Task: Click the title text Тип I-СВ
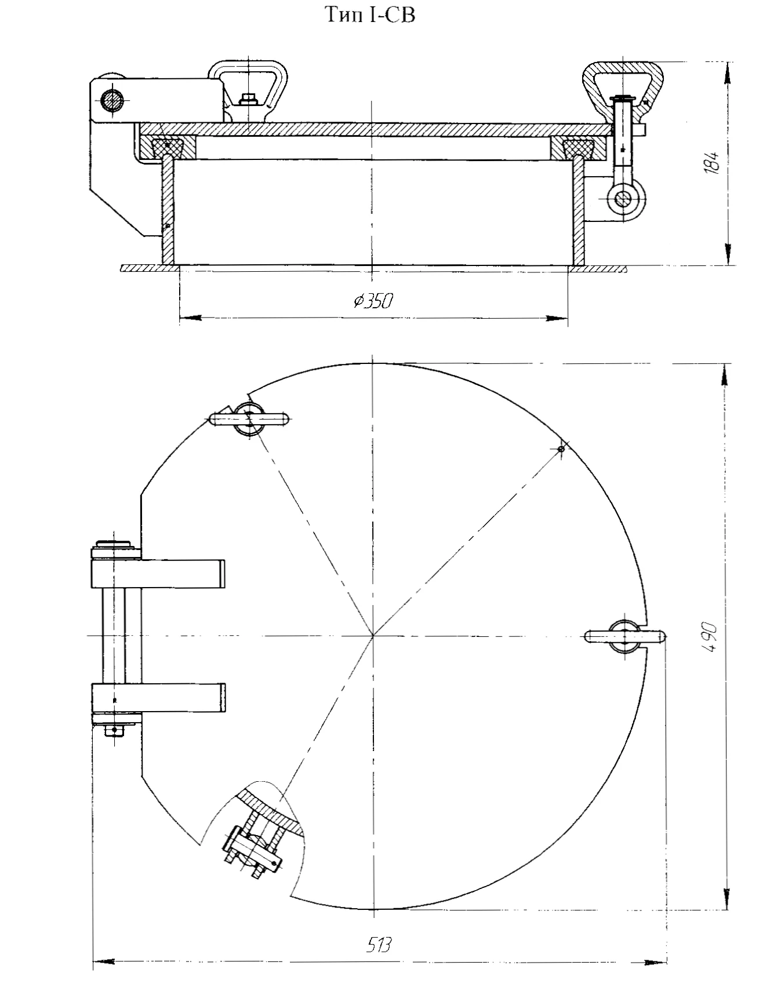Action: pyautogui.click(x=370, y=16)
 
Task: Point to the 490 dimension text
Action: pyautogui.click(x=711, y=637)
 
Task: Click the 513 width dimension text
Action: pyautogui.click(x=380, y=945)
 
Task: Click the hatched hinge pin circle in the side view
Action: pyautogui.click(x=112, y=102)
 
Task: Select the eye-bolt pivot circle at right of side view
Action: pyautogui.click(x=623, y=199)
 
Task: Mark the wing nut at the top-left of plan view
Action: pyautogui.click(x=248, y=418)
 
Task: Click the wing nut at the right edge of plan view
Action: pyautogui.click(x=625, y=636)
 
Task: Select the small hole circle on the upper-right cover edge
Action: pyautogui.click(x=561, y=449)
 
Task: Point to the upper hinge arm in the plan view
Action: pyautogui.click(x=158, y=572)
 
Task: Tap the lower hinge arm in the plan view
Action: pyautogui.click(x=158, y=698)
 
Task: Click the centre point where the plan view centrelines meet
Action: pyautogui.click(x=373, y=636)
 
